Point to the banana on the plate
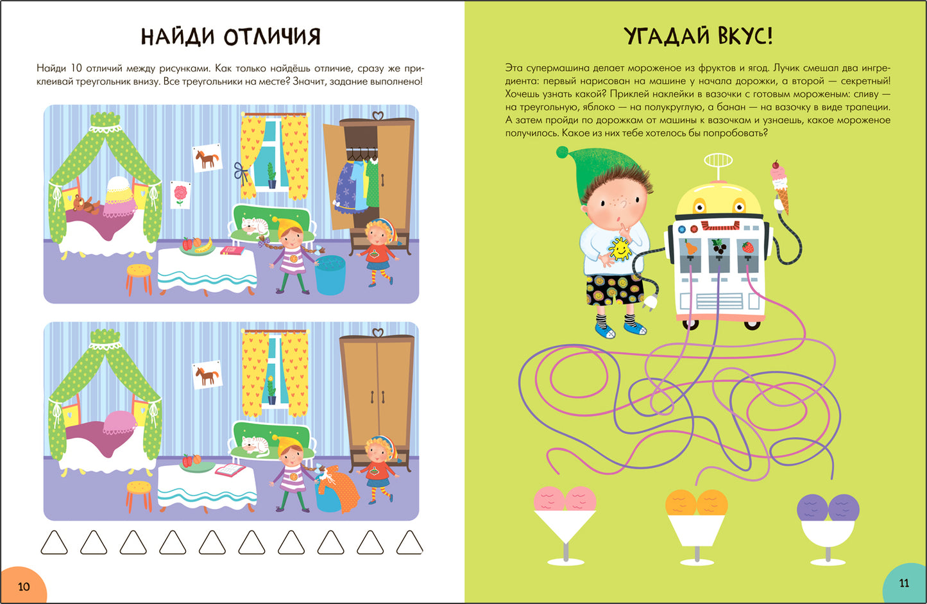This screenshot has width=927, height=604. pyautogui.click(x=204, y=245)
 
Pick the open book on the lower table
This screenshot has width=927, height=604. pyautogui.click(x=230, y=470)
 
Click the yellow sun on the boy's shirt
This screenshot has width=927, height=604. pyautogui.click(x=620, y=248)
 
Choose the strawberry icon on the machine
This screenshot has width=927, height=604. pyautogui.click(x=748, y=246)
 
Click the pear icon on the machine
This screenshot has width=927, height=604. pyautogui.click(x=690, y=247)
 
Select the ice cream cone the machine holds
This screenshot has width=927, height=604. pyautogui.click(x=780, y=186)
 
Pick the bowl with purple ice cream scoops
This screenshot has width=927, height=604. pyautogui.click(x=828, y=523)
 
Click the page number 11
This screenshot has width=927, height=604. pyautogui.click(x=904, y=583)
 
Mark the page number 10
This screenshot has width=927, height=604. pyautogui.click(x=24, y=586)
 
